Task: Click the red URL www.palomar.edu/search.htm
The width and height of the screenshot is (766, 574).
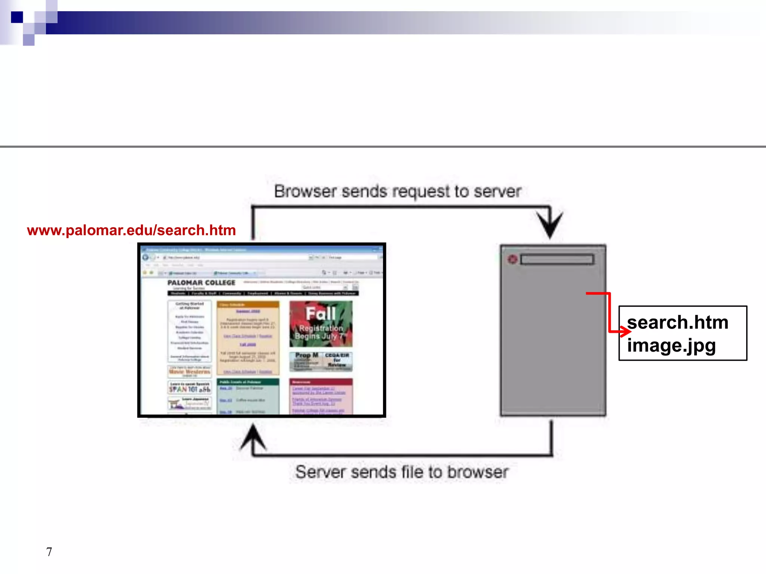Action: [x=131, y=230]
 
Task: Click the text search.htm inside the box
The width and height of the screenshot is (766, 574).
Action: [x=677, y=323]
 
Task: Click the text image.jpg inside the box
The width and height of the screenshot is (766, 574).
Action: [x=671, y=345]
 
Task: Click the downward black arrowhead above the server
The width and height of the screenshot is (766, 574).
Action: [x=549, y=224]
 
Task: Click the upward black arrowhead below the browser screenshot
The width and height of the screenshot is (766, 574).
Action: [x=253, y=436]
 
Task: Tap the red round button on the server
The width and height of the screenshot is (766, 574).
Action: [x=512, y=259]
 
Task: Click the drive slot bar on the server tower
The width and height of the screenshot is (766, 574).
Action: [x=557, y=259]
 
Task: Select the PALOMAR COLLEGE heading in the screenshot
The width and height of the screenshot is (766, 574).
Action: [x=201, y=283]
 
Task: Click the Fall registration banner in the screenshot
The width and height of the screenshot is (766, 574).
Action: [x=321, y=324]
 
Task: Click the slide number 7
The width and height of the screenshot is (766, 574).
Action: [x=49, y=552]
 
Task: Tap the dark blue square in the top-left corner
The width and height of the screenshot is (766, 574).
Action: [x=17, y=17]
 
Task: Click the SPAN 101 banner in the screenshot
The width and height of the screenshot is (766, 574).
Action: [x=189, y=388]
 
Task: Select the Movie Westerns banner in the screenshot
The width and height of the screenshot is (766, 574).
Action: [x=189, y=371]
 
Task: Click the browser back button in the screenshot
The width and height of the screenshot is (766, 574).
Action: [x=145, y=257]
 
